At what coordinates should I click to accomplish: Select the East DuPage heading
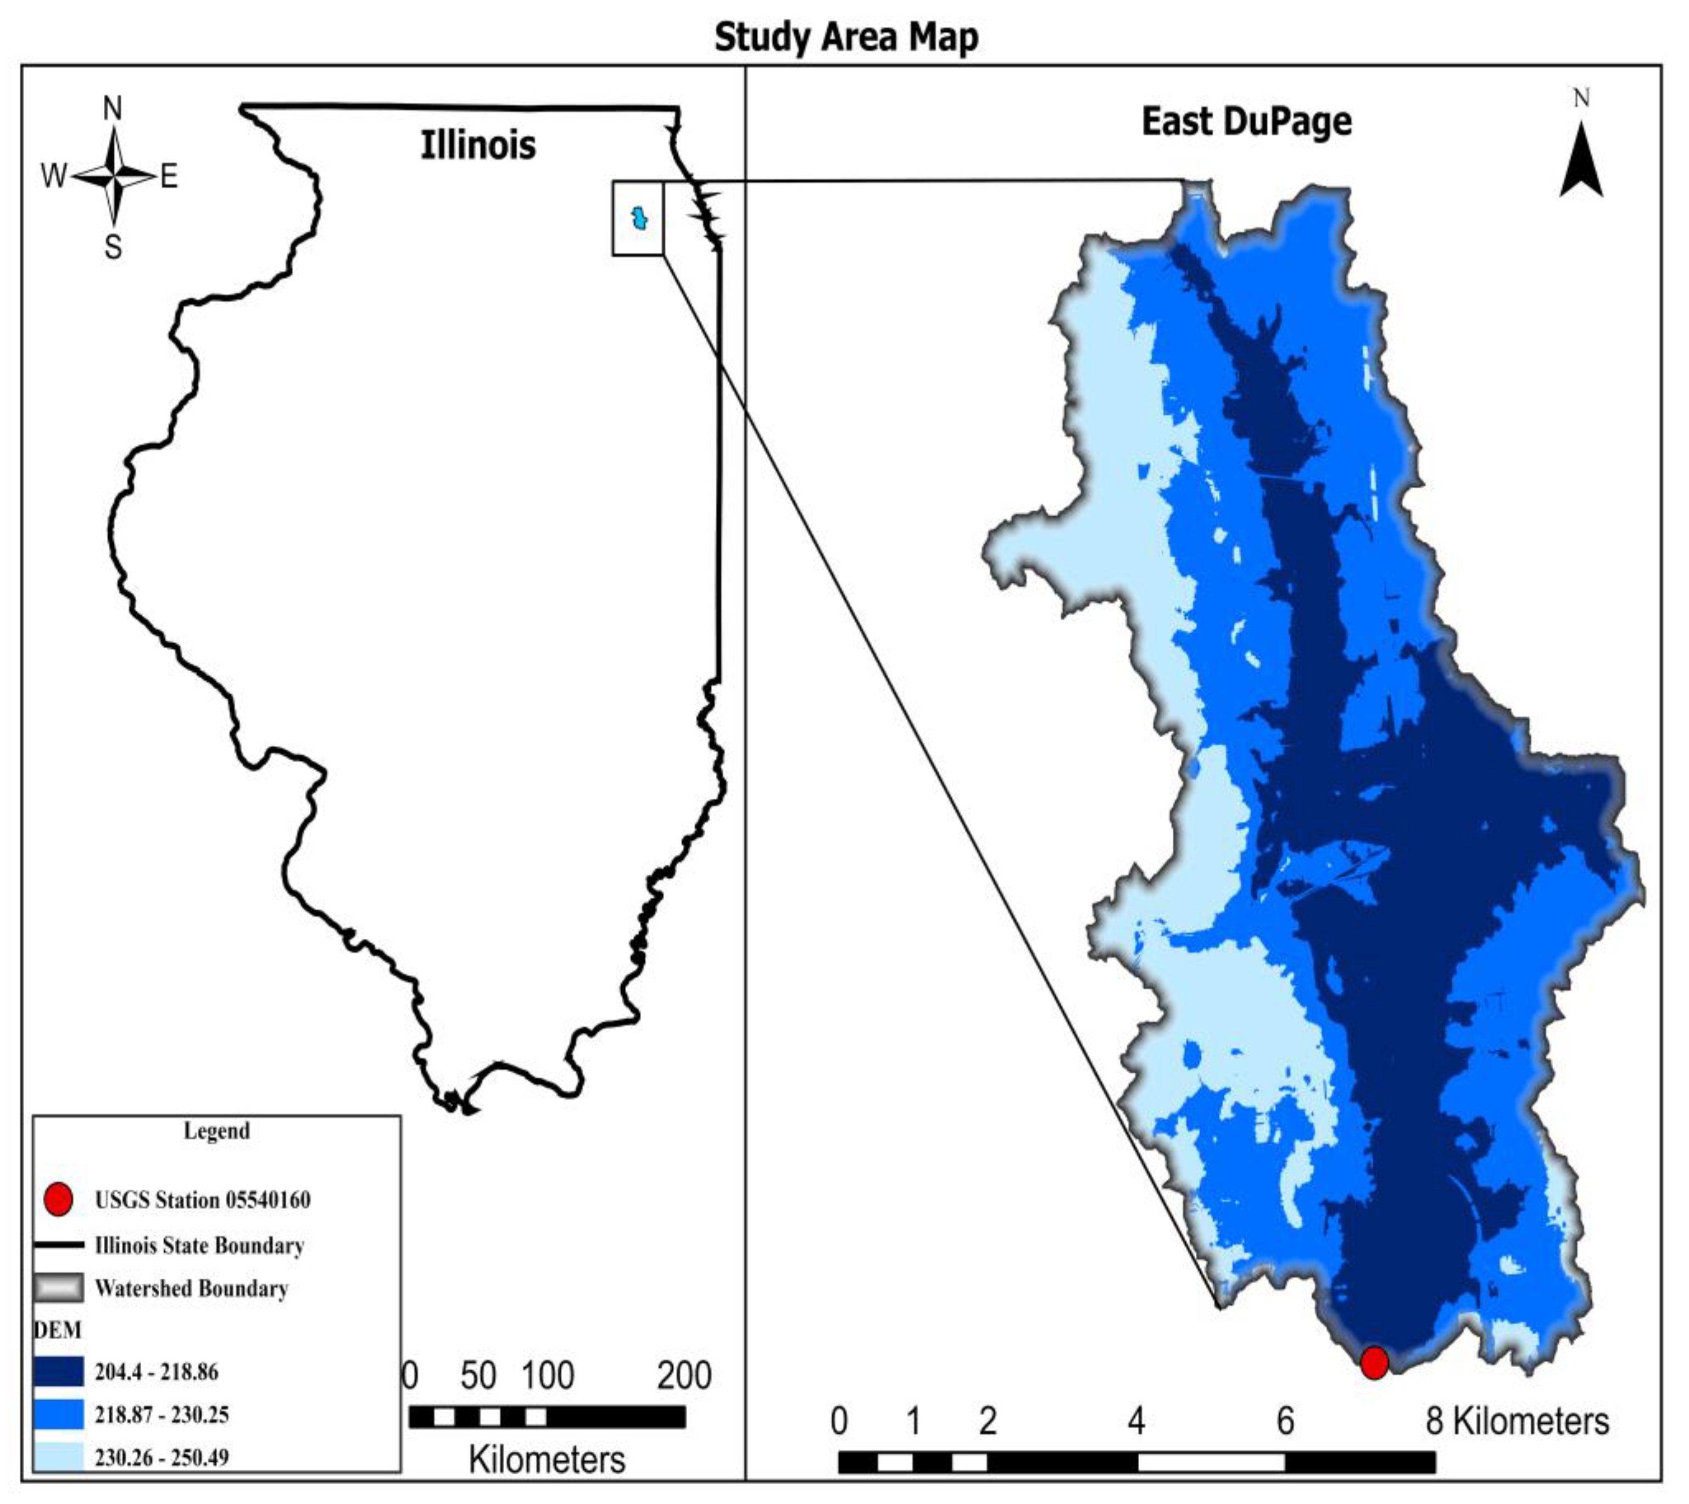(1246, 121)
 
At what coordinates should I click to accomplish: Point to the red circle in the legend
(59, 1199)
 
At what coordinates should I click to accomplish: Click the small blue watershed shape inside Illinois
(639, 219)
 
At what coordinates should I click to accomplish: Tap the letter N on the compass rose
(113, 108)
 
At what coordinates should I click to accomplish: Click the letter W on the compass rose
(54, 175)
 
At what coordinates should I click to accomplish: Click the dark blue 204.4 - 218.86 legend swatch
(59, 1372)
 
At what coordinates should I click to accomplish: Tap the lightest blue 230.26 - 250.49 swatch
(59, 1456)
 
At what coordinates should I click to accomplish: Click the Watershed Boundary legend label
(191, 1288)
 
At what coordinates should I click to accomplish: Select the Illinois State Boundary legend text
(199, 1245)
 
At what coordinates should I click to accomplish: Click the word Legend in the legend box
(216, 1130)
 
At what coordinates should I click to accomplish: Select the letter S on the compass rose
(113, 246)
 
